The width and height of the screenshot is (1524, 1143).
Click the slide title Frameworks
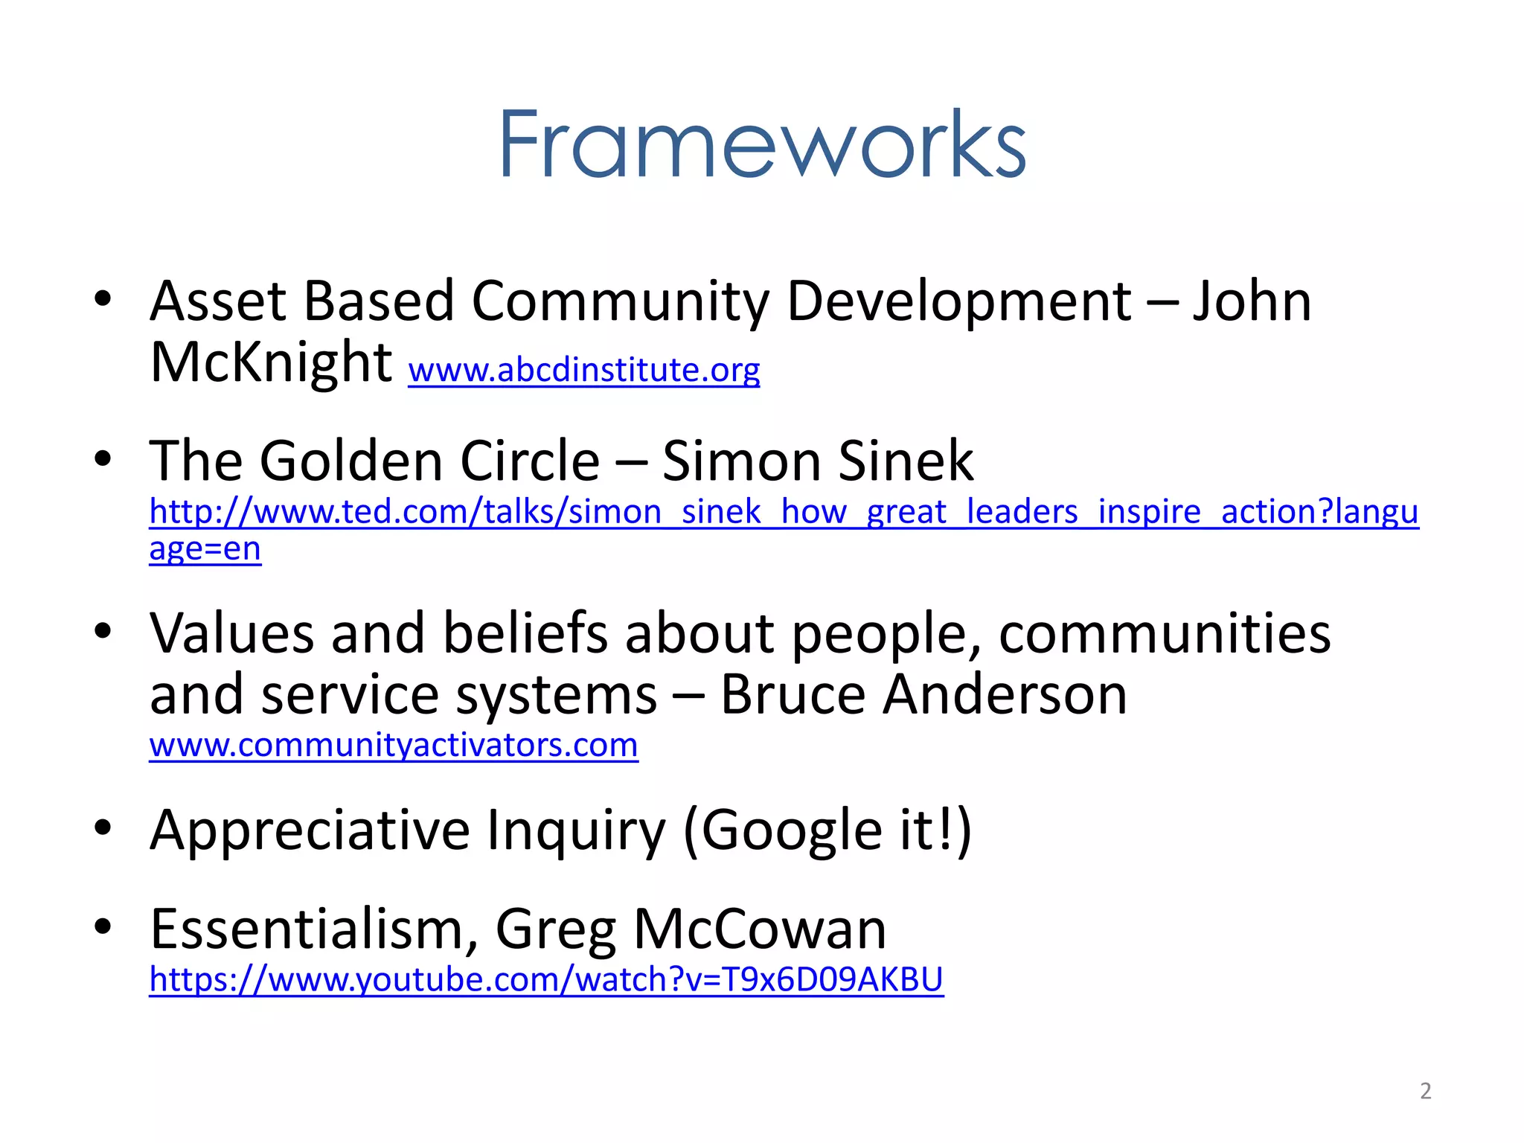(x=762, y=144)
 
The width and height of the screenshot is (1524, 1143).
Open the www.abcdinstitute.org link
(x=584, y=370)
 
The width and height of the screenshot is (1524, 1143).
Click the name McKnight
(x=271, y=362)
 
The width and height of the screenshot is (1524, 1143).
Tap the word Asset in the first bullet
(x=218, y=301)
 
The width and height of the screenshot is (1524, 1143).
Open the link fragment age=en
(x=205, y=549)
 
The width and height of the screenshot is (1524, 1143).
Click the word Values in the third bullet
(x=231, y=634)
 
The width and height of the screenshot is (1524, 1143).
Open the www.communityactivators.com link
(x=394, y=746)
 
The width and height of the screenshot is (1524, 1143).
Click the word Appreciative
(x=310, y=830)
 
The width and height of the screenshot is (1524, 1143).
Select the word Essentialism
(x=313, y=929)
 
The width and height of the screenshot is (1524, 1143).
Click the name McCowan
(x=760, y=929)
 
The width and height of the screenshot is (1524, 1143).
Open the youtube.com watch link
(x=546, y=980)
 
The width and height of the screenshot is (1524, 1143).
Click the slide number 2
(x=1425, y=1091)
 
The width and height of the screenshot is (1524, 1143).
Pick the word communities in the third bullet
(x=1165, y=634)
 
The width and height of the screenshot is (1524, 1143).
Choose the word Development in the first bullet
(x=959, y=301)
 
